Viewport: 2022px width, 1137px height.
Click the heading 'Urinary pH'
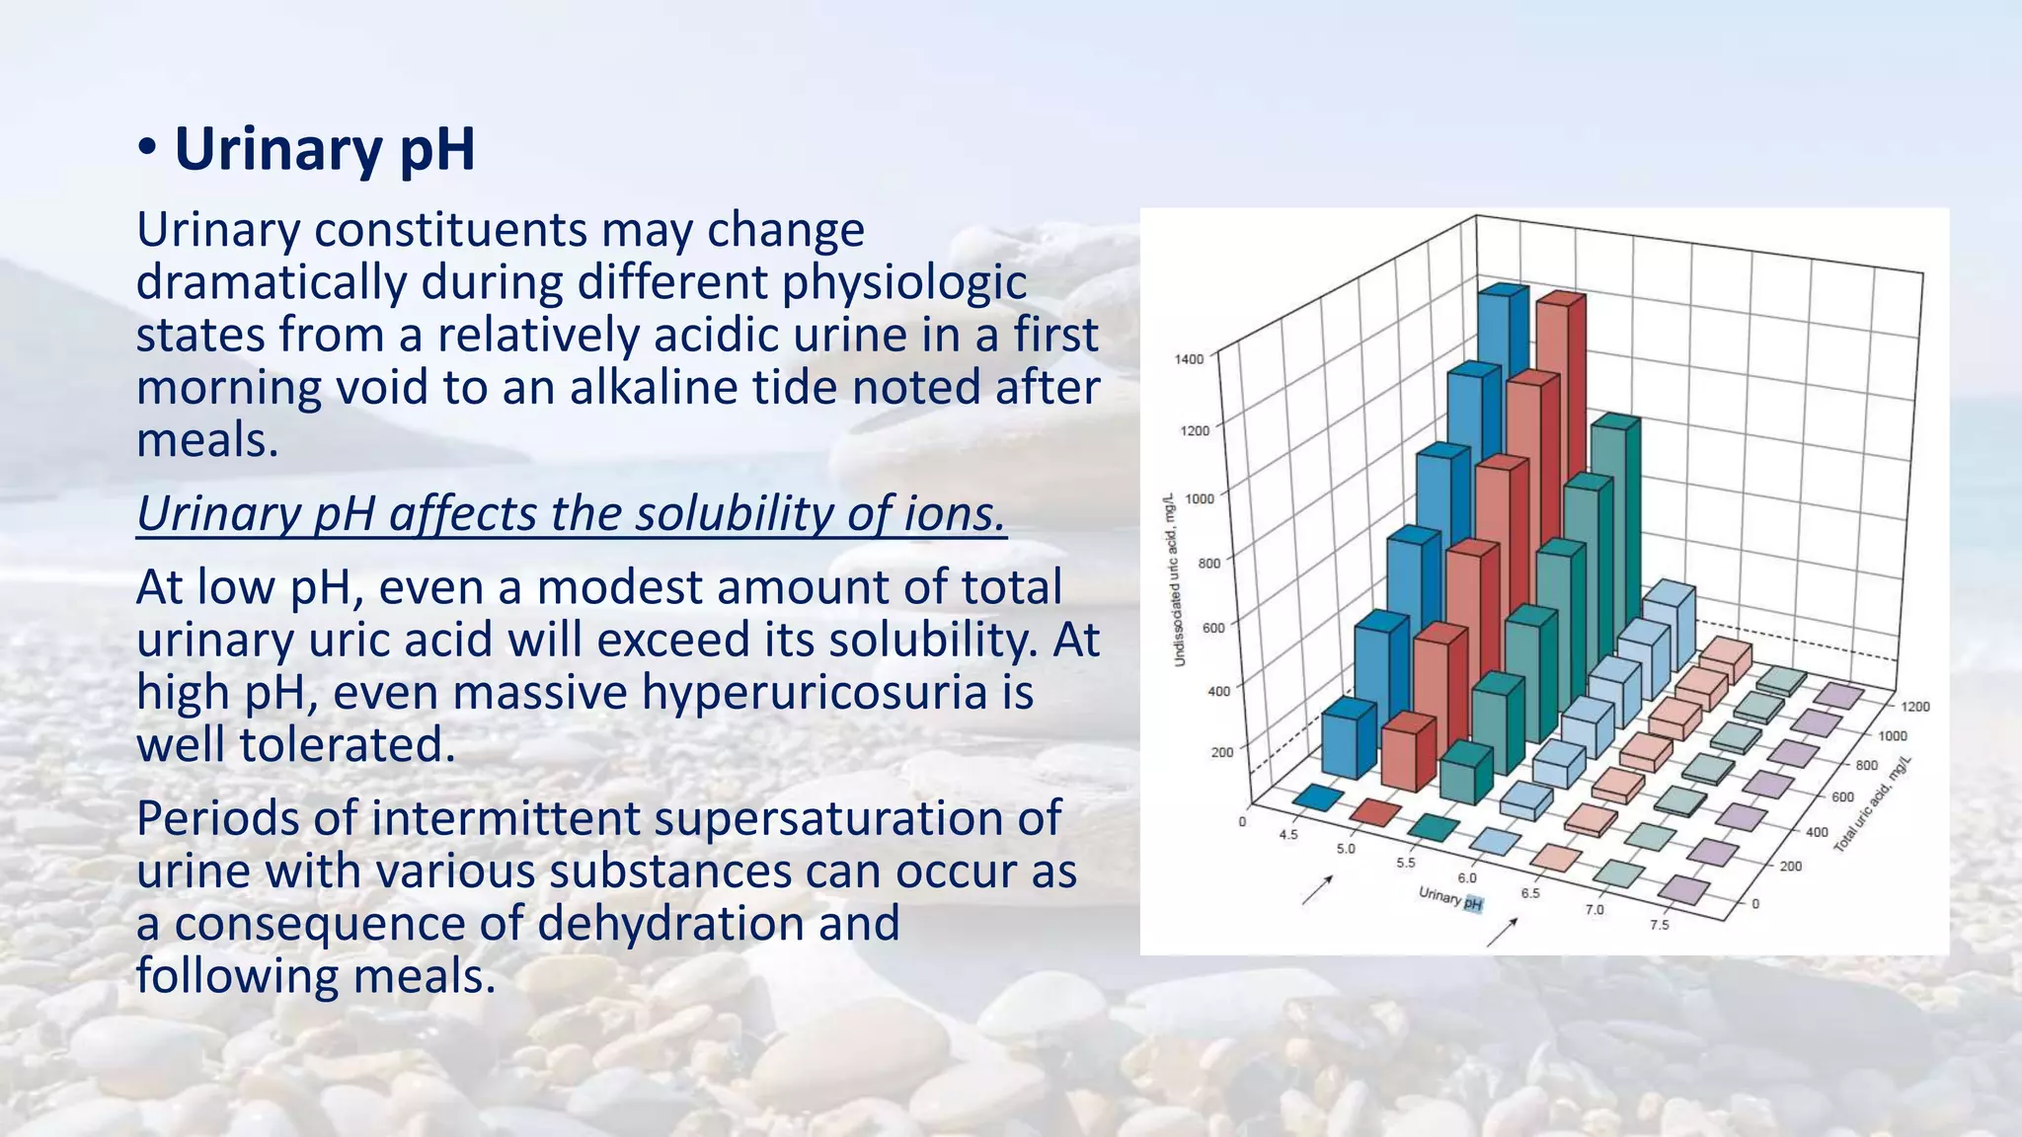click(324, 150)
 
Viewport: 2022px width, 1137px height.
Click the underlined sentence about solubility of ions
click(571, 514)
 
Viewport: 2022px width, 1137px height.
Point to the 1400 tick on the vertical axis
click(1190, 359)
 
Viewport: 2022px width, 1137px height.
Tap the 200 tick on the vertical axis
click(1222, 753)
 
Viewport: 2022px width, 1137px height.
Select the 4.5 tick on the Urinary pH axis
click(1288, 835)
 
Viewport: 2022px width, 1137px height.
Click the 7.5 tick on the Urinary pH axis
click(1660, 925)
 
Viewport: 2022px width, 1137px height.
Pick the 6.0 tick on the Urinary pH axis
click(1468, 878)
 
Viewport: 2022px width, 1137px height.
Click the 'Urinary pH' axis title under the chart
click(1450, 898)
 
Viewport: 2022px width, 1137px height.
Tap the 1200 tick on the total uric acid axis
click(1915, 707)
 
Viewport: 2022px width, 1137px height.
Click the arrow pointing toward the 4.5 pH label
click(1318, 889)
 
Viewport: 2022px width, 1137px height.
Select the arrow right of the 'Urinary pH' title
click(1502, 932)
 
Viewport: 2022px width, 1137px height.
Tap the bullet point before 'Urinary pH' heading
click(147, 149)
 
